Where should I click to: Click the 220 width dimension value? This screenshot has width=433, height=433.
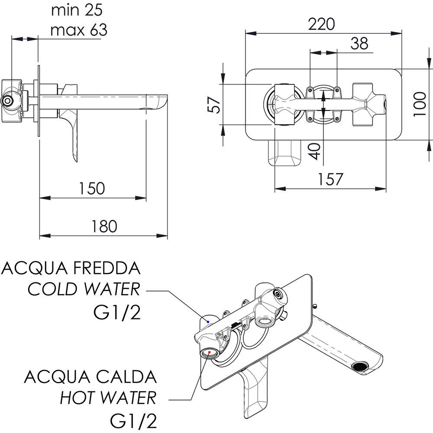322,24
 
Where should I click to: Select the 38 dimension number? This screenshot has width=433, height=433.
359,43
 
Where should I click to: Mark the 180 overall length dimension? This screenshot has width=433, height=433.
103,226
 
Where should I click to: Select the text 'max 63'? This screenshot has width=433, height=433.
78,30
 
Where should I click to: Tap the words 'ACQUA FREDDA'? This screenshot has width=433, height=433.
71,268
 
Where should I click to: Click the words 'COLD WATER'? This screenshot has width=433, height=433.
84,289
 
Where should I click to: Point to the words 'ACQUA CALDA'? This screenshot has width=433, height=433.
90,376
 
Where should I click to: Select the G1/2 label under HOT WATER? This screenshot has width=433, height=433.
134,419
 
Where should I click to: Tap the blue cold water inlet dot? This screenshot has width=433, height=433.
208,322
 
